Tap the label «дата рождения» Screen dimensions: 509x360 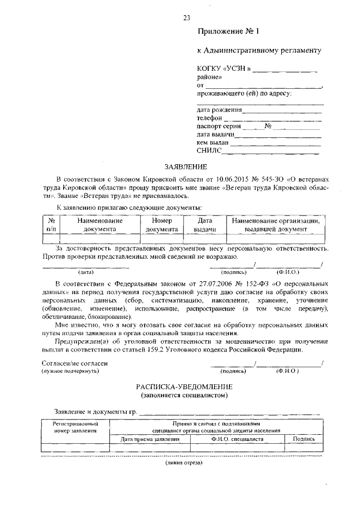click(x=219, y=110)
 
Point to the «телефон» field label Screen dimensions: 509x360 click(x=209, y=118)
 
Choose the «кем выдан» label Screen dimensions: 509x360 click(x=213, y=142)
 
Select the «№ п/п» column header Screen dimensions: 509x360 click(x=51, y=225)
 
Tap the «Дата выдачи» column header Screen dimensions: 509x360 click(x=205, y=225)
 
